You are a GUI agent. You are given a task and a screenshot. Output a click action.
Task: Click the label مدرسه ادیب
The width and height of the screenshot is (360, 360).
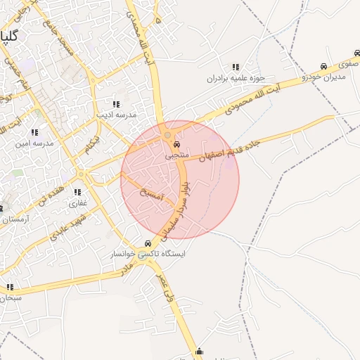[117, 114]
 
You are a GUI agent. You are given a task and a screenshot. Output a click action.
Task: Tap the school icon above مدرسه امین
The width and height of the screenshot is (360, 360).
[34, 132]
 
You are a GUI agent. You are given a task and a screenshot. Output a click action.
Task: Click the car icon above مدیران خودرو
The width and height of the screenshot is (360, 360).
[323, 66]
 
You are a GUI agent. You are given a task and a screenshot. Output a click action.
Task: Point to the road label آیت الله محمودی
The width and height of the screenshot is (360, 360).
[252, 100]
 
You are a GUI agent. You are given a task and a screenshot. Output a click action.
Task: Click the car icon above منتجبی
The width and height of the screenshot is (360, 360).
[175, 144]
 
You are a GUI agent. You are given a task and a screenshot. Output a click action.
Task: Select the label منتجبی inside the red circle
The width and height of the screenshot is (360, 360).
[175, 155]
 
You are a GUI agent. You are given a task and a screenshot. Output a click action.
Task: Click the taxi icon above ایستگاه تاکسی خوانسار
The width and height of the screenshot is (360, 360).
[147, 243]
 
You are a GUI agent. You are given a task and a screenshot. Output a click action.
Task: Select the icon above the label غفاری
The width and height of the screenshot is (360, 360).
[77, 192]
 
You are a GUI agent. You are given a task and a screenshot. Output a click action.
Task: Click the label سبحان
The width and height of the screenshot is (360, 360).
[10, 297]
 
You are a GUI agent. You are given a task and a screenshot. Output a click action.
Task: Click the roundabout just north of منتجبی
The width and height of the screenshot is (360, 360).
[167, 134]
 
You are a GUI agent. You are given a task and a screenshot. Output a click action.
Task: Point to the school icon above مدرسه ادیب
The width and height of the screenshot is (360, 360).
[117, 103]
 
